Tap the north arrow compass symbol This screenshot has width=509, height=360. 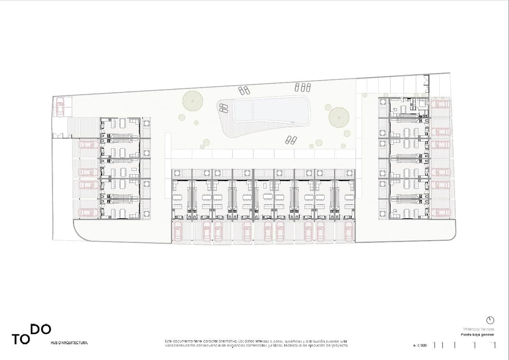tap(490, 320)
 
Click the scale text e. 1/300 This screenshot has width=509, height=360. tap(420, 345)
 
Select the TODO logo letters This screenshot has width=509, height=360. tap(32, 334)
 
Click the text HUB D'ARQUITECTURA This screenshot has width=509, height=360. tap(69, 343)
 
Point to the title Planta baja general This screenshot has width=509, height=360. tap(477, 335)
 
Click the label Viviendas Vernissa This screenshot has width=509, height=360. tap(478, 329)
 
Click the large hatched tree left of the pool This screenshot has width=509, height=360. tap(193, 101)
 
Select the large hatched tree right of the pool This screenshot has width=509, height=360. tap(339, 117)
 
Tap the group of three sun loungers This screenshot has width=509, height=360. tap(303, 87)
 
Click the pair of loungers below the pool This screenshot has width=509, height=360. tap(291, 140)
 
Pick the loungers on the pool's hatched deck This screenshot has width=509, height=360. tap(224, 108)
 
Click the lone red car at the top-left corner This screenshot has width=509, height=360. tap(60, 107)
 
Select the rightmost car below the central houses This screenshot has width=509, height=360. tap(348, 231)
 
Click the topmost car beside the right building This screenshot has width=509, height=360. tap(440, 104)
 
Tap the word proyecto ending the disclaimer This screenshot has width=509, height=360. tap(339, 345)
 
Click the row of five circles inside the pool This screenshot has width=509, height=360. tap(252, 110)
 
